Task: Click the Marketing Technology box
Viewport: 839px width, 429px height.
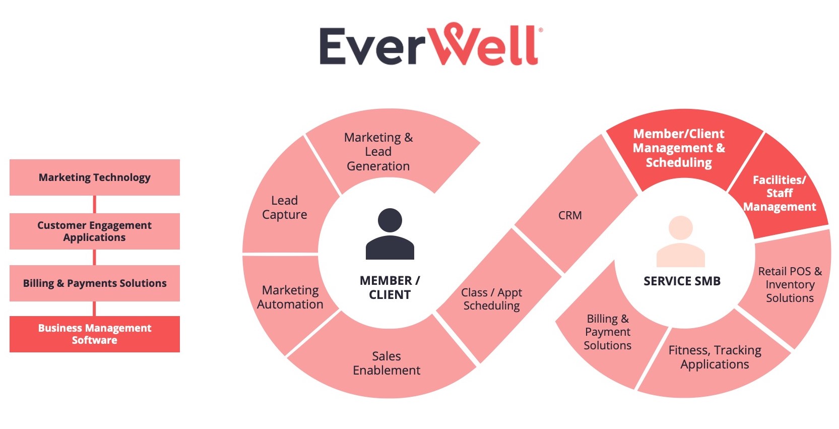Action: click(95, 177)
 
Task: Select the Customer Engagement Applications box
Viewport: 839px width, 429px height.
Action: click(95, 231)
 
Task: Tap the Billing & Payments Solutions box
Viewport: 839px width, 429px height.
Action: click(95, 283)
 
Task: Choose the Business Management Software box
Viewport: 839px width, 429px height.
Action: click(95, 334)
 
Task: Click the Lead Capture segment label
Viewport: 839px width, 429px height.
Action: click(285, 208)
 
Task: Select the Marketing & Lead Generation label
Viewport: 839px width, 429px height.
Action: click(378, 152)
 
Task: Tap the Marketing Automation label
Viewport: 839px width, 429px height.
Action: click(290, 297)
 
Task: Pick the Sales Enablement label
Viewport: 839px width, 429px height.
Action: click(386, 363)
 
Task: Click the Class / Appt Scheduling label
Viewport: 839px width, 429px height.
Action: click(491, 299)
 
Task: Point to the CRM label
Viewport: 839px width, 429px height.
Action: click(570, 216)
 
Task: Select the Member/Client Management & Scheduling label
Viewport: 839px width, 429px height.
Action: click(679, 148)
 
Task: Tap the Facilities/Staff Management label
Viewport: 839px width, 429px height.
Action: click(780, 194)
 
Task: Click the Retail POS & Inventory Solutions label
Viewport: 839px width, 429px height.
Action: click(790, 285)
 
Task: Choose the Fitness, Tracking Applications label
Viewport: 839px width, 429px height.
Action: click(715, 357)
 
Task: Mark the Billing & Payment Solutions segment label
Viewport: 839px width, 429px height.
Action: click(608, 332)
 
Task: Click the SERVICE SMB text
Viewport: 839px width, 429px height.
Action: click(682, 281)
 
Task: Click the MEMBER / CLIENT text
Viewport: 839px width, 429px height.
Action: click(390, 288)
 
